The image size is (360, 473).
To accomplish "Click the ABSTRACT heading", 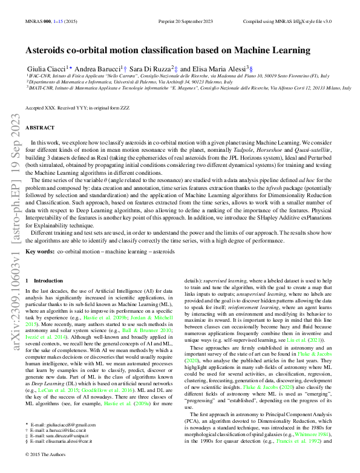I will coord(40,128).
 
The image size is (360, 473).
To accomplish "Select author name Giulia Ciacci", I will coord(46,70).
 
